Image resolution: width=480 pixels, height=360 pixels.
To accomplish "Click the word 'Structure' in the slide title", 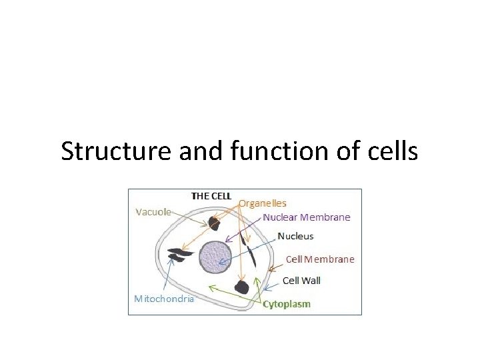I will (x=117, y=152).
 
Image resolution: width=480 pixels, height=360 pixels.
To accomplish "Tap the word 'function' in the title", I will (x=265, y=152).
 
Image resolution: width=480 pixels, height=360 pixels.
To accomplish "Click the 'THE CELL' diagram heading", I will (x=211, y=196).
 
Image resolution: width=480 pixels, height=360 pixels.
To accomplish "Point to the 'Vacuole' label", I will (x=153, y=212).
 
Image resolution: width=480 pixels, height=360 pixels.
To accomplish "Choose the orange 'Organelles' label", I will (x=263, y=203).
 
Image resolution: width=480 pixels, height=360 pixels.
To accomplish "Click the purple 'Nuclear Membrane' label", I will (x=306, y=217).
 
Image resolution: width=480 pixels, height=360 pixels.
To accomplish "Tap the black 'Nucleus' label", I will (x=295, y=236).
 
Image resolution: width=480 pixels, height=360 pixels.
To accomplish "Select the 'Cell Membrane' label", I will (x=320, y=259).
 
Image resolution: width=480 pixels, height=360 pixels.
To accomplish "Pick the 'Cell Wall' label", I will (x=301, y=281).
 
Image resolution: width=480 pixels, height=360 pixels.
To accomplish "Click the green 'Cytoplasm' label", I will (x=287, y=304).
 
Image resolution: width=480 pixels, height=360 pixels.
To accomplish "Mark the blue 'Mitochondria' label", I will (x=164, y=298).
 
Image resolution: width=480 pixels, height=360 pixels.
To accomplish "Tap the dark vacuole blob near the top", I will (x=215, y=223).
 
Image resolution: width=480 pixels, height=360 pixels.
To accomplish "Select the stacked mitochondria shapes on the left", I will (x=179, y=255).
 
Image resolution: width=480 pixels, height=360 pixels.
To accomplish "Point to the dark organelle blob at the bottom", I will (x=241, y=287).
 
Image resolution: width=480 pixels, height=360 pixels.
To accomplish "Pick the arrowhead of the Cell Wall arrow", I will (x=266, y=289).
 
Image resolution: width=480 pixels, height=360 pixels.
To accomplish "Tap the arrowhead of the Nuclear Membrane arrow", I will (x=227, y=241).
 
